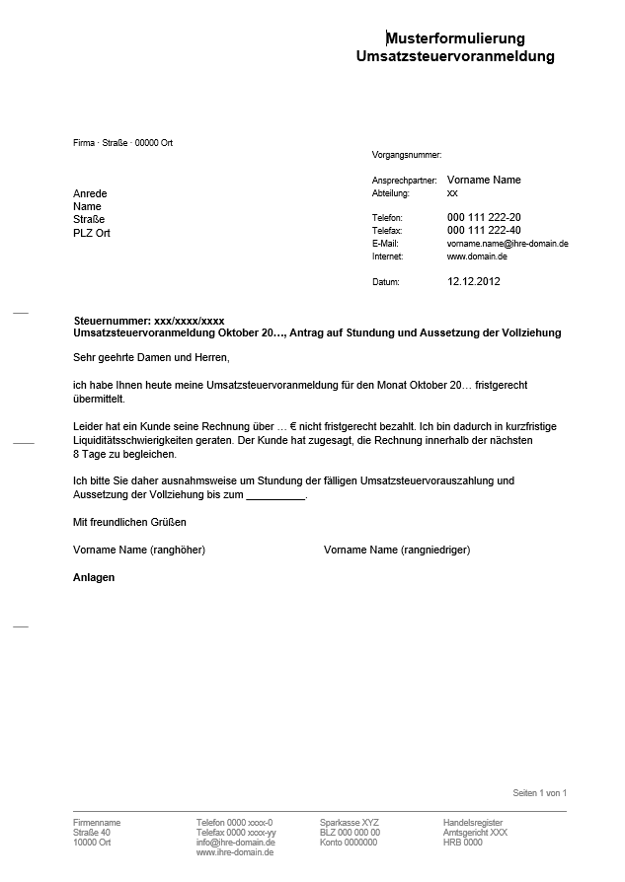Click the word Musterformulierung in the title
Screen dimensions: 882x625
click(455, 38)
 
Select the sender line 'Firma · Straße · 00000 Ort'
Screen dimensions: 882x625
click(122, 143)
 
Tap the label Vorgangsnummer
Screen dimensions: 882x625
click(406, 155)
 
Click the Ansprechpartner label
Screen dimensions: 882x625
click(404, 181)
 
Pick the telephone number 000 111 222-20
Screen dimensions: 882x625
click(484, 217)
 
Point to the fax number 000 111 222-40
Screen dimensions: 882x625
click(484, 230)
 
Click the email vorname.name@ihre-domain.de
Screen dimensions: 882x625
click(508, 243)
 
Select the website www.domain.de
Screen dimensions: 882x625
click(477, 256)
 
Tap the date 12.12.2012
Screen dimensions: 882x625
click(474, 281)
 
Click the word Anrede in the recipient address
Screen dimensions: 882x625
click(90, 193)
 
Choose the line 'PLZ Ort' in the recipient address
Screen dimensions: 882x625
click(92, 233)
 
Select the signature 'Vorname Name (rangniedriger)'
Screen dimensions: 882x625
click(397, 550)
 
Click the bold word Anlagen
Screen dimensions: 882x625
click(95, 577)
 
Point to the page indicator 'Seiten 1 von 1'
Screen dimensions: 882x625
click(540, 793)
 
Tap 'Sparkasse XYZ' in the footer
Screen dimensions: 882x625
click(349, 822)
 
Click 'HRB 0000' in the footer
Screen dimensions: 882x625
click(462, 843)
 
